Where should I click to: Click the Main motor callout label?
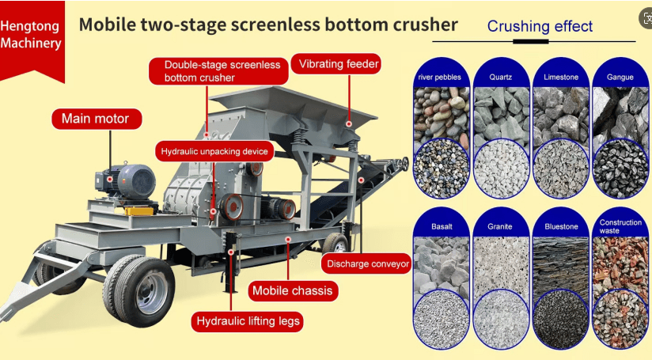[97, 119]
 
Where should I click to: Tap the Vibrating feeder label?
[336, 64]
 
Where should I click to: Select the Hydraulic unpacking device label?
[214, 151]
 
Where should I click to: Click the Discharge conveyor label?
[366, 263]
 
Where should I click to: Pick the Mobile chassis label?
[293, 290]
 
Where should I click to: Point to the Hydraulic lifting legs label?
[248, 321]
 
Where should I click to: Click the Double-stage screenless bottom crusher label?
[218, 71]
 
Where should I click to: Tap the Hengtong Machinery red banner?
[32, 40]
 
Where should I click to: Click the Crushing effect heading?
[540, 26]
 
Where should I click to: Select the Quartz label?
[501, 77]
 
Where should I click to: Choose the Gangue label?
[620, 77]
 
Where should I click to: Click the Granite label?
[500, 226]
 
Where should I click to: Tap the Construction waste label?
[620, 226]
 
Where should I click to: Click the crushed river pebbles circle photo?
[442, 169]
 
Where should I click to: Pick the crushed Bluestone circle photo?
[561, 319]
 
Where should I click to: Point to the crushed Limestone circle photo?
[561, 169]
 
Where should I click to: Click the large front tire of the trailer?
[139, 290]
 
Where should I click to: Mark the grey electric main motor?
[125, 181]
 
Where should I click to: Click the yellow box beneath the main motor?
[138, 210]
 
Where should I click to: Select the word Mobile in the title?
[108, 25]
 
